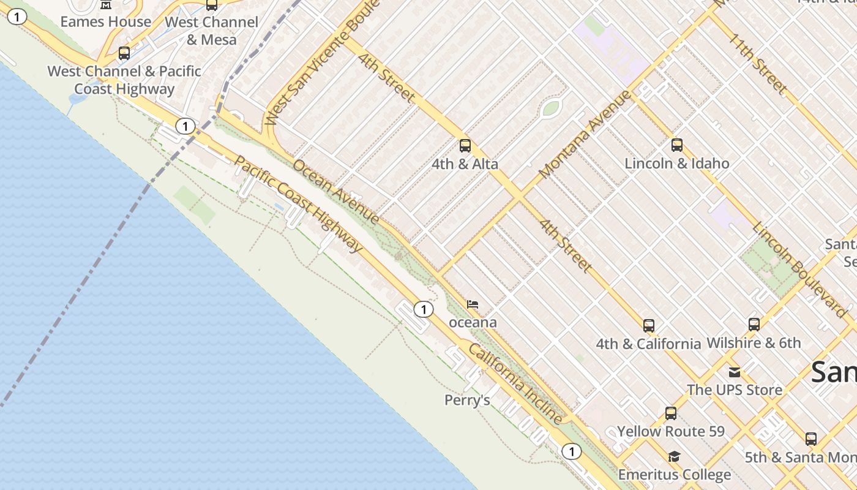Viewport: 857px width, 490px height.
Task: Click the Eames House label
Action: pos(105,22)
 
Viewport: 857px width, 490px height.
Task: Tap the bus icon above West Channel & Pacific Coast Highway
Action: pos(124,53)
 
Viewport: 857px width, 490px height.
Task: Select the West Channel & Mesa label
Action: pos(211,31)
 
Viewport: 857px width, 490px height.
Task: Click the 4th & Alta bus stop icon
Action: pos(465,146)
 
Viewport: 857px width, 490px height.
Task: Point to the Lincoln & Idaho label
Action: pos(677,164)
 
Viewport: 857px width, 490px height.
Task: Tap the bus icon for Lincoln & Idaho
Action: pos(677,145)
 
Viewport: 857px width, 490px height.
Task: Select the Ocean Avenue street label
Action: pos(336,191)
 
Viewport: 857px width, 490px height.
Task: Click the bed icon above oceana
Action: pos(473,304)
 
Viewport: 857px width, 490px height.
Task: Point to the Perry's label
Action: pos(467,401)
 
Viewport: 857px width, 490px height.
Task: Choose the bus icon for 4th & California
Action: pos(649,326)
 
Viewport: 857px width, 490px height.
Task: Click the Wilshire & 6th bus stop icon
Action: pos(754,325)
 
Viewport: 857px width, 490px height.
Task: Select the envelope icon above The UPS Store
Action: pos(735,372)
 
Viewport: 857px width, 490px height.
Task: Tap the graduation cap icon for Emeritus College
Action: pos(674,456)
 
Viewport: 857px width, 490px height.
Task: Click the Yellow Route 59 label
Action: pos(671,432)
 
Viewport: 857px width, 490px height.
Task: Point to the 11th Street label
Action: pos(757,64)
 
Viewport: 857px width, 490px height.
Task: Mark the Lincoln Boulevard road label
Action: pos(799,265)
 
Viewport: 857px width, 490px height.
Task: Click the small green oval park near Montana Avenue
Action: pos(551,108)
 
